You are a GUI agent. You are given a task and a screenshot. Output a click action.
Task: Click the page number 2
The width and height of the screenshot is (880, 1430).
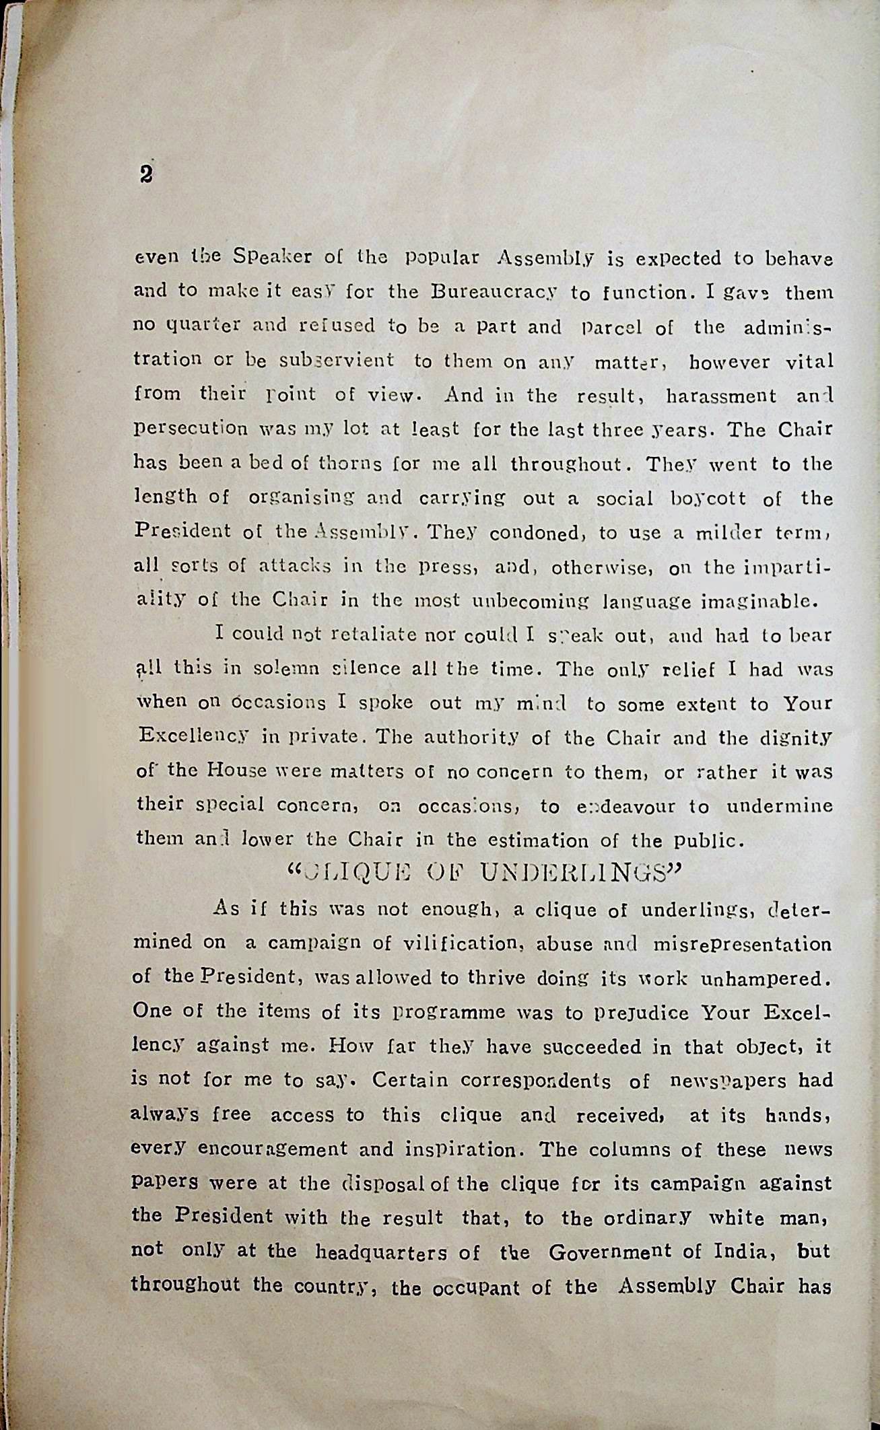tap(145, 174)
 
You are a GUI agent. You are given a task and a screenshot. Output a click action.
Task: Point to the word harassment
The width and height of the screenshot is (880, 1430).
tap(720, 395)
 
